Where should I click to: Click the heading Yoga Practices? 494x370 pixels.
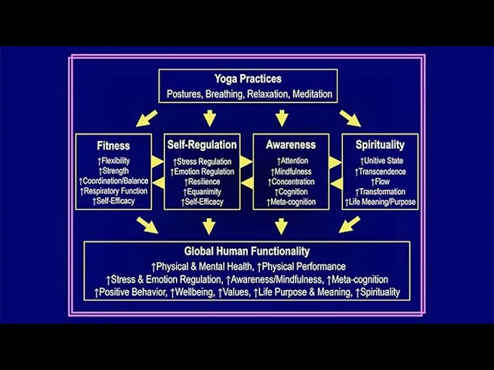coord(248,79)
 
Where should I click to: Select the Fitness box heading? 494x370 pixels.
coord(113,145)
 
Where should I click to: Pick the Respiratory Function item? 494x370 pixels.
coord(114,191)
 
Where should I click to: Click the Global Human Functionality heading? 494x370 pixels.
coord(247,251)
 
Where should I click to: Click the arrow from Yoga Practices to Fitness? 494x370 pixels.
coord(146,118)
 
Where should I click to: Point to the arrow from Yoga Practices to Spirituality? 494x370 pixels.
coord(350,118)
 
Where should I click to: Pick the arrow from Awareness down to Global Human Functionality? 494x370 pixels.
coord(282,225)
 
